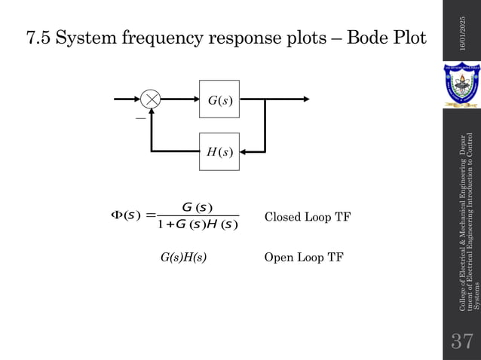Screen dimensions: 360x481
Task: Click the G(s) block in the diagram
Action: click(219, 99)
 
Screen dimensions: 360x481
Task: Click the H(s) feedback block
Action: click(219, 151)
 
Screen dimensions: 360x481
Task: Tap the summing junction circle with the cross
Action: click(152, 99)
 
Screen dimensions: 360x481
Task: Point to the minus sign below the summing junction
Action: click(140, 118)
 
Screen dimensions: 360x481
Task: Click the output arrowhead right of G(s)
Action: click(305, 99)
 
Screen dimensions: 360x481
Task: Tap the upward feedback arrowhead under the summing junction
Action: click(152, 112)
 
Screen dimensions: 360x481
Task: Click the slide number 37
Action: click(461, 340)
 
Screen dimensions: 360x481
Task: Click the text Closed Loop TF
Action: click(308, 218)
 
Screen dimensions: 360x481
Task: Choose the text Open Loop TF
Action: click(303, 258)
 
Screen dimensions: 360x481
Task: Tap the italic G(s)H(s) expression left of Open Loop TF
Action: click(183, 258)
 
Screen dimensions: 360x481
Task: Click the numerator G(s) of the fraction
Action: click(198, 208)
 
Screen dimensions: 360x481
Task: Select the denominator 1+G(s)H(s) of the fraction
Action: click(198, 224)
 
